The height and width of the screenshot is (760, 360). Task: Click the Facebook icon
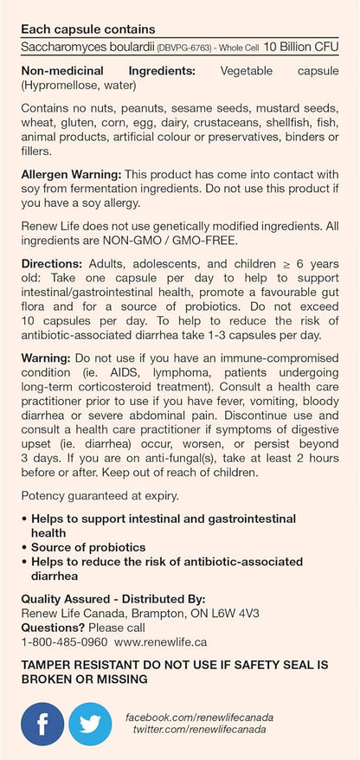click(43, 723)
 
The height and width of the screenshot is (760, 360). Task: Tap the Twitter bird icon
click(91, 723)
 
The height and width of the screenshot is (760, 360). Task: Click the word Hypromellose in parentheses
click(64, 86)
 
